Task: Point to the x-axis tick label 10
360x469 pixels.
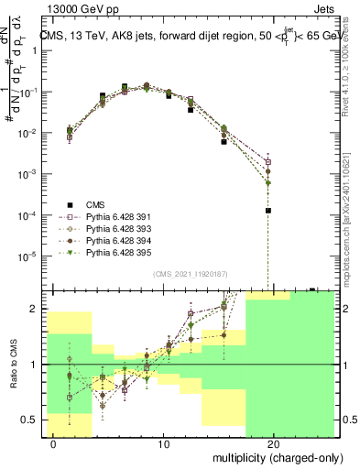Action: click(x=164, y=444)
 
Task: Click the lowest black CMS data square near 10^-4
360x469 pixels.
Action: click(x=268, y=210)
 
